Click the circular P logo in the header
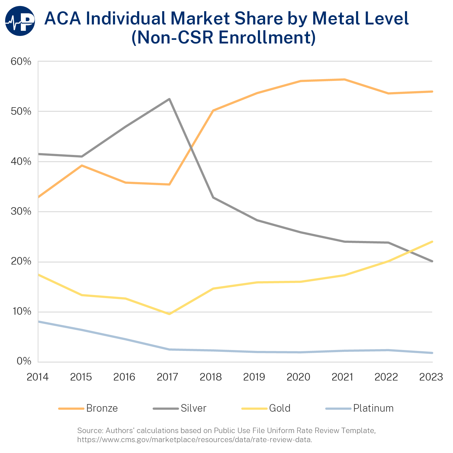(20, 21)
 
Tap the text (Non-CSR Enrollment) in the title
(224, 38)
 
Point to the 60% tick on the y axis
(21, 62)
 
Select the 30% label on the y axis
(21, 211)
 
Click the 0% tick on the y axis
(24, 361)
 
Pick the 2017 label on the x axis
(168, 377)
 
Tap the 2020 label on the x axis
(298, 377)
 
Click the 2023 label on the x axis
(431, 377)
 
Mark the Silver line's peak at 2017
(169, 99)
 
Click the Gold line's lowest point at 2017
(169, 314)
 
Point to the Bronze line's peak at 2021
(344, 79)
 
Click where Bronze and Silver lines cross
(191, 147)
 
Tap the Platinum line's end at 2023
(432, 353)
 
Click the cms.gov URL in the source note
(194, 439)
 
